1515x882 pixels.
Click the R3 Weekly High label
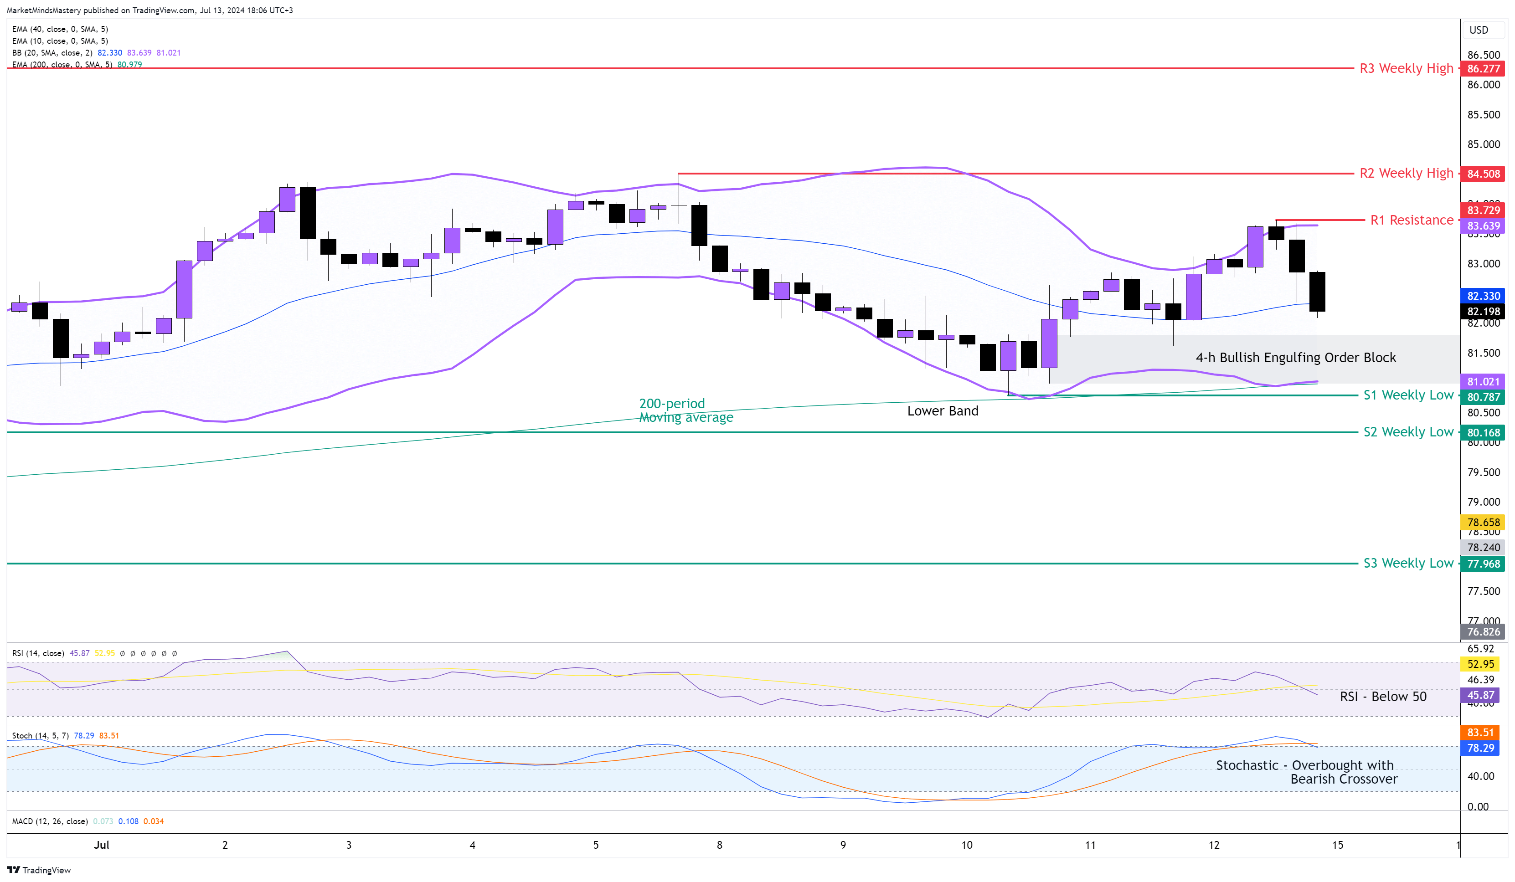coord(1406,68)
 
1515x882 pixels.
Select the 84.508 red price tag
coord(1483,174)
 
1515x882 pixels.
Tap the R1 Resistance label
coord(1411,220)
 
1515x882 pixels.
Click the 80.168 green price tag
coord(1483,433)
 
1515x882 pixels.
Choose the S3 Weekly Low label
coord(1408,563)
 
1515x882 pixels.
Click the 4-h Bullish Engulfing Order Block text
coord(1296,358)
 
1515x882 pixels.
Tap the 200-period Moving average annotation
coord(685,410)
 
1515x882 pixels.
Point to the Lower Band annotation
coord(942,411)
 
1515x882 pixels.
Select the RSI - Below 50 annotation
coord(1383,696)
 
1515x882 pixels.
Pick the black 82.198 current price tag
coord(1483,311)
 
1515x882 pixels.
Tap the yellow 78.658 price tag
coord(1483,522)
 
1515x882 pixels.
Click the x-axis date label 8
coord(719,845)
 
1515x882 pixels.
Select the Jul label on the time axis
coord(102,845)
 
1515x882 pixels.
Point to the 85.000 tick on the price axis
coord(1483,144)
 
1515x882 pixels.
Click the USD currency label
coord(1479,30)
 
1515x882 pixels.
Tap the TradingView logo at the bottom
coord(39,870)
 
